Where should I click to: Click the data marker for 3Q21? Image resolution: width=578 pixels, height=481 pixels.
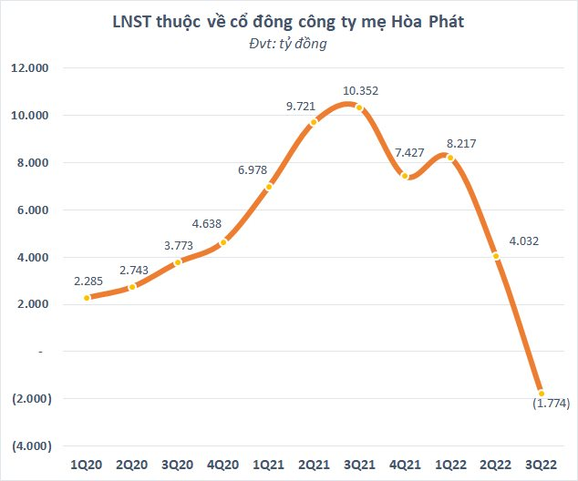coord(359,107)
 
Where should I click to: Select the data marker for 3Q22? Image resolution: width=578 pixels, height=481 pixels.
coord(541,393)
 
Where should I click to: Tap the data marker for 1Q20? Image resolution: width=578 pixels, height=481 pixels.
coord(87,298)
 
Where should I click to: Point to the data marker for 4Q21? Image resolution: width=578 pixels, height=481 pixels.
coord(405,176)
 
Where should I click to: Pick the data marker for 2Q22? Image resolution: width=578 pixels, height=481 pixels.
coord(495,256)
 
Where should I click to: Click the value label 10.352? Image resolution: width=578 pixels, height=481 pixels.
coord(359,90)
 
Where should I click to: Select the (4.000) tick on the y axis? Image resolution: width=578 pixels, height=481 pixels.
coord(30,446)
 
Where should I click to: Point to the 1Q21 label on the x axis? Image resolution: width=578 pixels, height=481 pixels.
coord(268,465)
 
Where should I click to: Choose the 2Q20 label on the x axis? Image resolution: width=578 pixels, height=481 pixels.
coord(132,465)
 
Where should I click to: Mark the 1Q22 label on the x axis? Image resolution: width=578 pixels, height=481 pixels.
coord(449,465)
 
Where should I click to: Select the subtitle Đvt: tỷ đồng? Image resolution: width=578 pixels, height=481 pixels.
coord(288,43)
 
